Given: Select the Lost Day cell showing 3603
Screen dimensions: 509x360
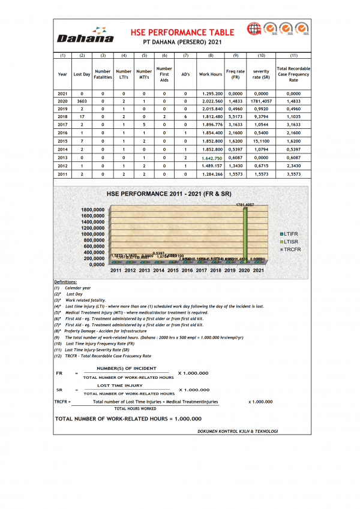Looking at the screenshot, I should click(x=82, y=102).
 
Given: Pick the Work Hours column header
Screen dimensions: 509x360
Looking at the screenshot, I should click(x=211, y=74).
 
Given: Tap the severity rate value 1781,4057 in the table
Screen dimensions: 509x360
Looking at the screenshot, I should click(x=261, y=102).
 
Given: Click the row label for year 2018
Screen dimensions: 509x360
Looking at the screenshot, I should click(x=62, y=118).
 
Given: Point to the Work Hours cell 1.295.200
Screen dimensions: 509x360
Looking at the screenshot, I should click(x=211, y=94).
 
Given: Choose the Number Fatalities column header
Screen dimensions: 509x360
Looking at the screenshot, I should click(x=103, y=74).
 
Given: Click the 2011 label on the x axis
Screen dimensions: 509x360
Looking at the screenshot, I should click(x=116, y=270).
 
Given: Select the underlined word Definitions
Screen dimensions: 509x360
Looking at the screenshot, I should click(x=65, y=282).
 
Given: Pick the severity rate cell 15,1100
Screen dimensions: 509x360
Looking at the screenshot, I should click(x=261, y=141).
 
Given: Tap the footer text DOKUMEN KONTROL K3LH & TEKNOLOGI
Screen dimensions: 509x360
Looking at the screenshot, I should click(x=237, y=431).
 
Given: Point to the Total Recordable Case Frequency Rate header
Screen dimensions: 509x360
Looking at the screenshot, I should click(x=293, y=74).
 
